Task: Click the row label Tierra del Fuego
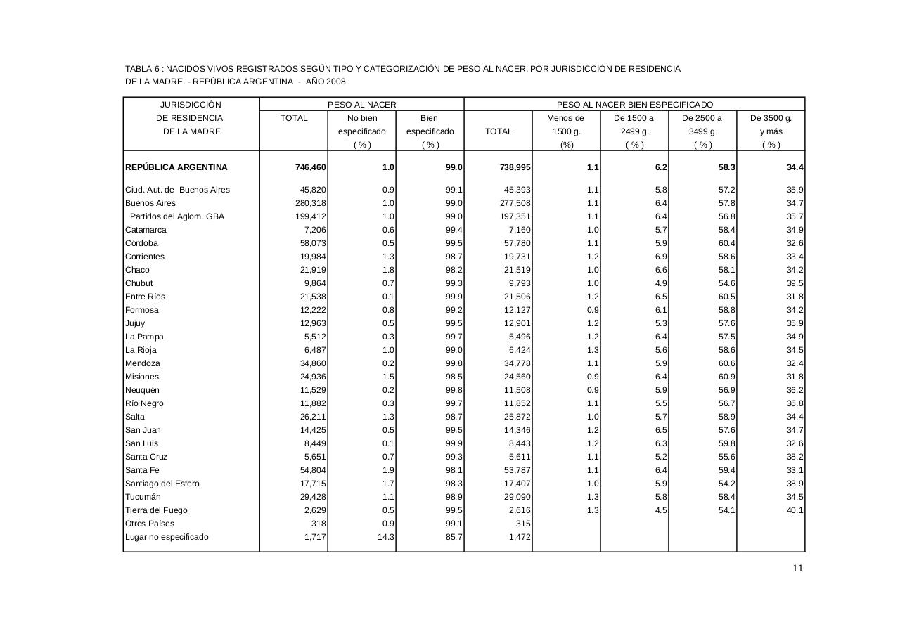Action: coord(156,510)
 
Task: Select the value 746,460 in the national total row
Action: coord(310,167)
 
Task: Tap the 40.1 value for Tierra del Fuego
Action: coord(795,510)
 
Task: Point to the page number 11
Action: coord(797,569)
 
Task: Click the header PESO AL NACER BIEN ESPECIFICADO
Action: coord(634,105)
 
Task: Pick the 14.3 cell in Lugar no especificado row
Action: coord(386,537)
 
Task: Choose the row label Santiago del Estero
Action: coord(162,484)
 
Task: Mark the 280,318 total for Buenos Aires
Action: coord(310,203)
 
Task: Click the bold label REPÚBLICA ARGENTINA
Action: coord(176,167)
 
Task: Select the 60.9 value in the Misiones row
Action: coord(726,377)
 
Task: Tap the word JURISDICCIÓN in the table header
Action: coord(191,105)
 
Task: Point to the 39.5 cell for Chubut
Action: coord(795,283)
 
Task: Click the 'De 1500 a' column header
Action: coord(634,118)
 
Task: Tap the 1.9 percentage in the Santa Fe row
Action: coord(388,470)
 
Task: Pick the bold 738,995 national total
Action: coord(515,167)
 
